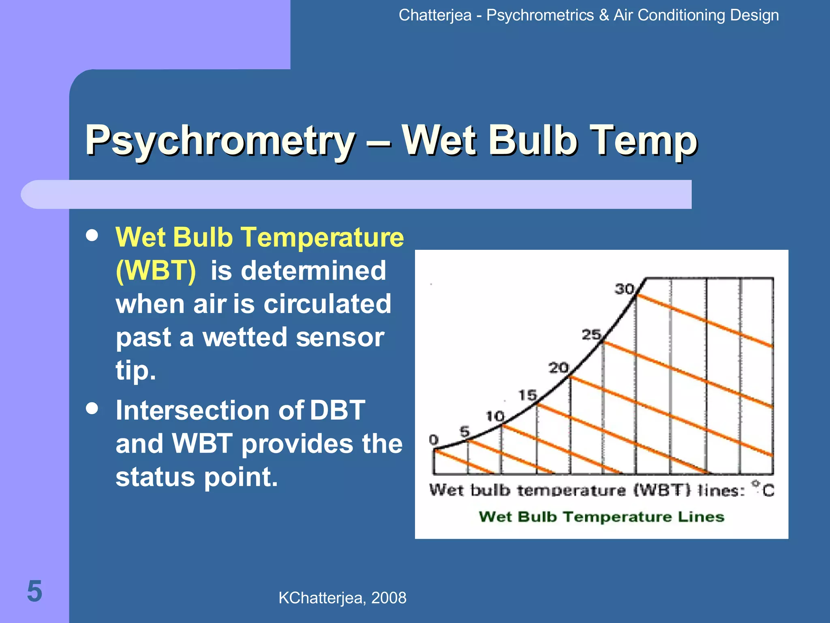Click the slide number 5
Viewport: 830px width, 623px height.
34,591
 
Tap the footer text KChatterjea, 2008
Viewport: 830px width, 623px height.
342,598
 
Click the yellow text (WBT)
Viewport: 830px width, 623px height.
156,271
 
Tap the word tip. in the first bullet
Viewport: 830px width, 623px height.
135,371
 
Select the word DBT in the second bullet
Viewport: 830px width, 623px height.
337,410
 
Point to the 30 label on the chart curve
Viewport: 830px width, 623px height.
624,289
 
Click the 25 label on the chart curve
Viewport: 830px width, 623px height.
591,335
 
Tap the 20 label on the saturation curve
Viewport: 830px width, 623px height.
558,368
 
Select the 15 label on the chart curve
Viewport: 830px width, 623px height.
528,395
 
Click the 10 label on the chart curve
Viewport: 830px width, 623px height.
495,416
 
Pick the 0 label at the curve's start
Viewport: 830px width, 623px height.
434,440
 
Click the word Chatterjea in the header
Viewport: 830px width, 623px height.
435,15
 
